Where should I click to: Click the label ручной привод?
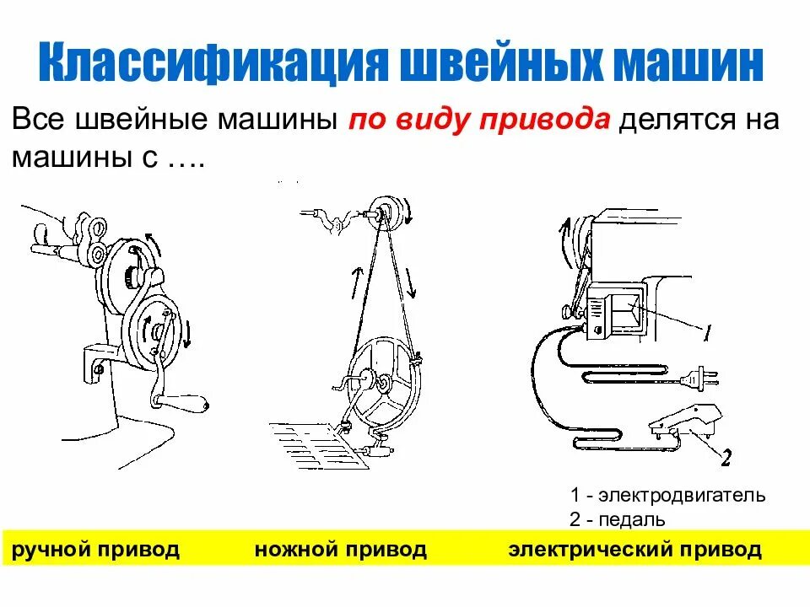[94, 551]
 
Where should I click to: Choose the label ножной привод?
[340, 551]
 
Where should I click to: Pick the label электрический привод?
[634, 551]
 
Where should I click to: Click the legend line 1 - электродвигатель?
[667, 495]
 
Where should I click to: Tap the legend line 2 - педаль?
[618, 519]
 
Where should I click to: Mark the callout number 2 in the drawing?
[726, 458]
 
